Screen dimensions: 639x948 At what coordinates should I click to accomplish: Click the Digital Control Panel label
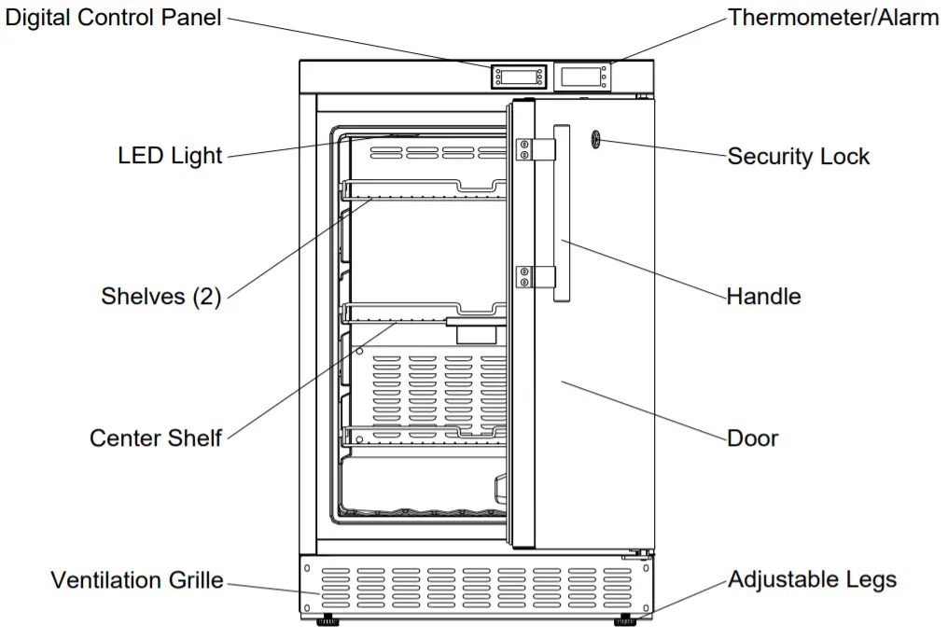point(113,17)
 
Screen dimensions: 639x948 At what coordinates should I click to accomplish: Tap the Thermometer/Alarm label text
point(833,17)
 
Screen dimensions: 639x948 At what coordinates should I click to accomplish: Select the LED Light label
point(170,155)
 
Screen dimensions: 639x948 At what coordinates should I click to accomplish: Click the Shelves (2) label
point(160,297)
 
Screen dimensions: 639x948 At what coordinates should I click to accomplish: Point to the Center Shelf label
point(155,438)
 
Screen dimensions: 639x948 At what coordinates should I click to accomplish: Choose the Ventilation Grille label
point(136,580)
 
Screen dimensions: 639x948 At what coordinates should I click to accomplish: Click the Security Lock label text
point(798,156)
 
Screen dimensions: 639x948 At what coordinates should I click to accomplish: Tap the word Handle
point(763,297)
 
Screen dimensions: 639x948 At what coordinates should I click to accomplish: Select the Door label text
point(752,438)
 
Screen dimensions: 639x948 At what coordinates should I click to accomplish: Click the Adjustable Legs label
point(812,579)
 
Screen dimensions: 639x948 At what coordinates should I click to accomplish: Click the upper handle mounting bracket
point(535,149)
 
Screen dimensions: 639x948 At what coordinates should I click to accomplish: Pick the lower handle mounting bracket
point(535,276)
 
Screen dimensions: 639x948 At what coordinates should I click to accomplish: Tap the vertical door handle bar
point(563,215)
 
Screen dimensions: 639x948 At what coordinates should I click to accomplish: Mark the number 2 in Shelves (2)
point(206,297)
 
